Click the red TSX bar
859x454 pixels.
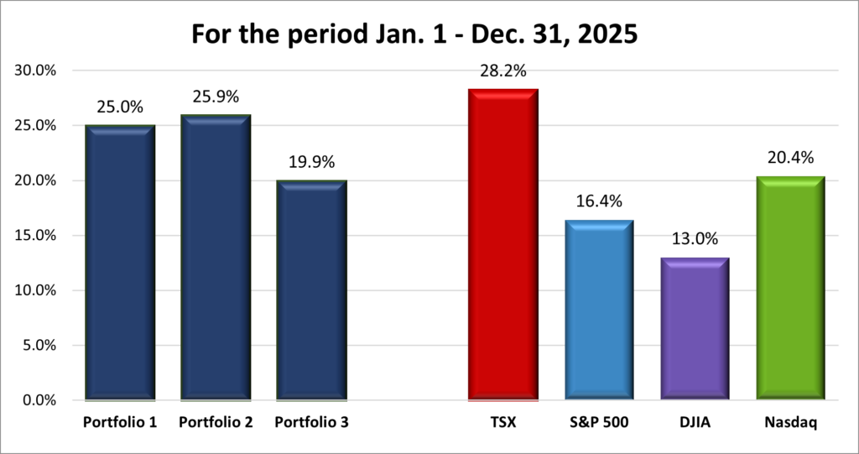coord(502,243)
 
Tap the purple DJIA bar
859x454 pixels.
coord(695,327)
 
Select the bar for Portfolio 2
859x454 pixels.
coord(216,257)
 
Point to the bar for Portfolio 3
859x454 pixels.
coord(311,290)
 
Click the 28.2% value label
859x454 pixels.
coord(503,71)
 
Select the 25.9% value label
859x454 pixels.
coord(216,97)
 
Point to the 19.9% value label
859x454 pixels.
coord(311,163)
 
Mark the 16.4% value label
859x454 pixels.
coord(599,202)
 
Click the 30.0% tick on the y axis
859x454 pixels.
coord(36,70)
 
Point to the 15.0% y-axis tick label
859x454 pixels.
coord(36,236)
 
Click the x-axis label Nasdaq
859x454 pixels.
coord(790,423)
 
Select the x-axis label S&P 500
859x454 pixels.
coord(599,423)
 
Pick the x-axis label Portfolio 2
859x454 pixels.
coord(216,423)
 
